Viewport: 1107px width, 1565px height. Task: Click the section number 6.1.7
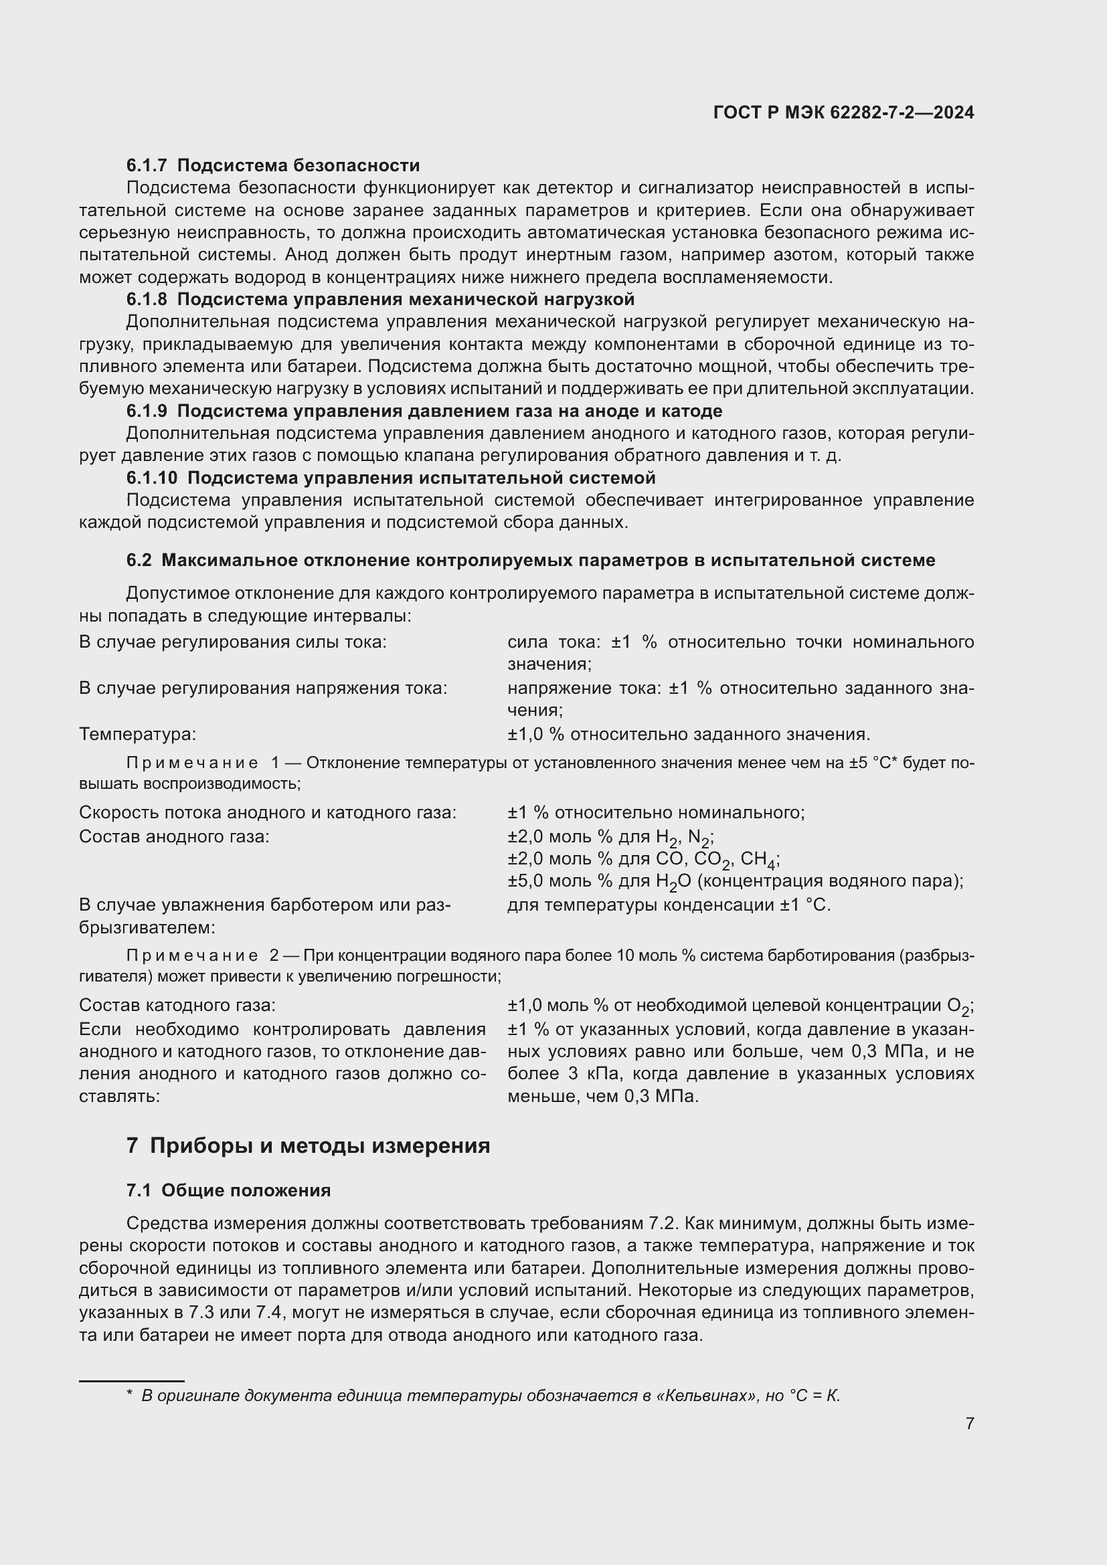[147, 166]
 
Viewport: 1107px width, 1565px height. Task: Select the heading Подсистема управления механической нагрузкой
[406, 299]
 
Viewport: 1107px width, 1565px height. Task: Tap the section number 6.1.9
[147, 411]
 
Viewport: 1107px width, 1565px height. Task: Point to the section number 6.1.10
[151, 478]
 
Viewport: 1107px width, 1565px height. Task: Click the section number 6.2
[139, 560]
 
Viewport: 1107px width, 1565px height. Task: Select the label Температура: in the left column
[138, 734]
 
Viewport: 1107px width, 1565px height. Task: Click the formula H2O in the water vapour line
[673, 882]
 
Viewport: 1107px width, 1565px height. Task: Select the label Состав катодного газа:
[177, 1005]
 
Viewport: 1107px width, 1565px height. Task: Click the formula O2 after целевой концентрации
[958, 1006]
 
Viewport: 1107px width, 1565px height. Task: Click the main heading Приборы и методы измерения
[320, 1145]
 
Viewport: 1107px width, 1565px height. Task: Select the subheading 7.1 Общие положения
[228, 1191]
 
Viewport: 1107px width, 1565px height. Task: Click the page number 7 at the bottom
[969, 1423]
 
